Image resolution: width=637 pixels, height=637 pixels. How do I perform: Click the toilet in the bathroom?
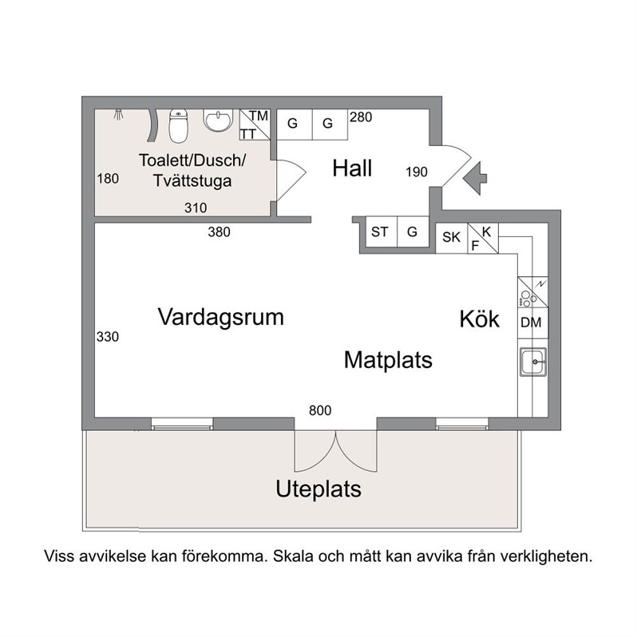click(178, 125)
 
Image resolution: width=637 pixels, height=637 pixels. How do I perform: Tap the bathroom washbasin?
click(218, 121)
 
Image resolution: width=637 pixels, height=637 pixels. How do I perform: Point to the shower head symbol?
click(118, 114)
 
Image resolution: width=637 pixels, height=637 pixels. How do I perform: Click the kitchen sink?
click(533, 362)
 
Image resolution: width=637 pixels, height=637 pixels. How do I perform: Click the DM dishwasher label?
click(531, 322)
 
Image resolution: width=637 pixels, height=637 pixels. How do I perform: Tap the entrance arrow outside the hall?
click(475, 177)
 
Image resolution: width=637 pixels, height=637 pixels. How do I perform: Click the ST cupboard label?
click(379, 232)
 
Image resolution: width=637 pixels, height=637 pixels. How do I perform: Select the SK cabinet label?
click(451, 237)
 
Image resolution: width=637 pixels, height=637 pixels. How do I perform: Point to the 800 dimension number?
click(320, 410)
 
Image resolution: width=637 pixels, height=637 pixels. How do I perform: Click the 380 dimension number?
click(219, 232)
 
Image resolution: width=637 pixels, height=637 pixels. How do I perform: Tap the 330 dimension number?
click(108, 336)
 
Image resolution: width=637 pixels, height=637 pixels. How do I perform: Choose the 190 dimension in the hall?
click(417, 172)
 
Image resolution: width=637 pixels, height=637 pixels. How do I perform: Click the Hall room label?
click(352, 168)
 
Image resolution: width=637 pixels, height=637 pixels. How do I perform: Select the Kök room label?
click(480, 318)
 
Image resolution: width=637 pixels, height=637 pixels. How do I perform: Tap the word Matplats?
click(388, 360)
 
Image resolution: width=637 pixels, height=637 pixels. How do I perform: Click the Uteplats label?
click(318, 489)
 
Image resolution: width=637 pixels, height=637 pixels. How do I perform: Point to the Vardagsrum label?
click(220, 317)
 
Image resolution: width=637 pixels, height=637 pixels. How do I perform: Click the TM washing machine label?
click(259, 116)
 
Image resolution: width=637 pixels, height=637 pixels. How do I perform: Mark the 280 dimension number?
click(361, 117)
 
